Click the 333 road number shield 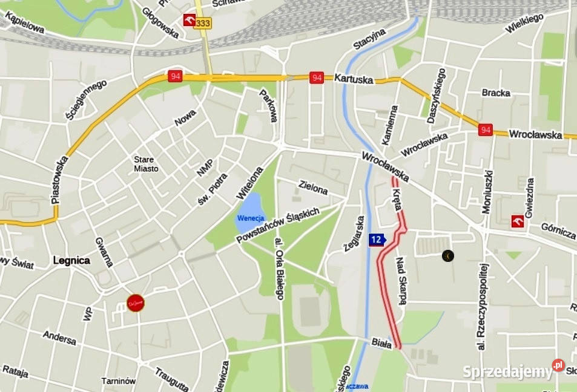(204, 22)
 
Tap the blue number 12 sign (377, 240)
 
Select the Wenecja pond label (251, 218)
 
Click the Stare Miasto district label (147, 164)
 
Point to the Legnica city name (71, 261)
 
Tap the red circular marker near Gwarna (136, 303)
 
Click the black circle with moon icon (447, 256)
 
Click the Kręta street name (397, 198)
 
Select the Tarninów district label (118, 381)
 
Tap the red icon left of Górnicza (518, 221)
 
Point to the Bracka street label (496, 93)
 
